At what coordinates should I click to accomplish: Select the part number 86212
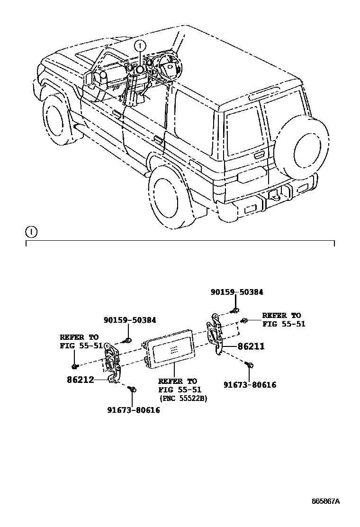pyautogui.click(x=81, y=379)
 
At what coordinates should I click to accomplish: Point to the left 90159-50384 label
pyautogui.click(x=130, y=320)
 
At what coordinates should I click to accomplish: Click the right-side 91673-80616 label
pyautogui.click(x=250, y=385)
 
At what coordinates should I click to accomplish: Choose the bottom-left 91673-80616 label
pyautogui.click(x=134, y=410)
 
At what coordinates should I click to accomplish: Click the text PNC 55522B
pyautogui.click(x=184, y=398)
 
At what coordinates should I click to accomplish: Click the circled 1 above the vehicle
pyautogui.click(x=139, y=45)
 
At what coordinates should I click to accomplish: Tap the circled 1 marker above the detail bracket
pyautogui.click(x=31, y=232)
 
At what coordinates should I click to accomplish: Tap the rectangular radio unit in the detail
pyautogui.click(x=171, y=353)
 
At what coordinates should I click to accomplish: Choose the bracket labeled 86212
pyautogui.click(x=112, y=363)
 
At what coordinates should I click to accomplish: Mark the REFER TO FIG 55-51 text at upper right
pyautogui.click(x=283, y=319)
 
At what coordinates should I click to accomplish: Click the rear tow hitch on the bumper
pyautogui.click(x=275, y=194)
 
